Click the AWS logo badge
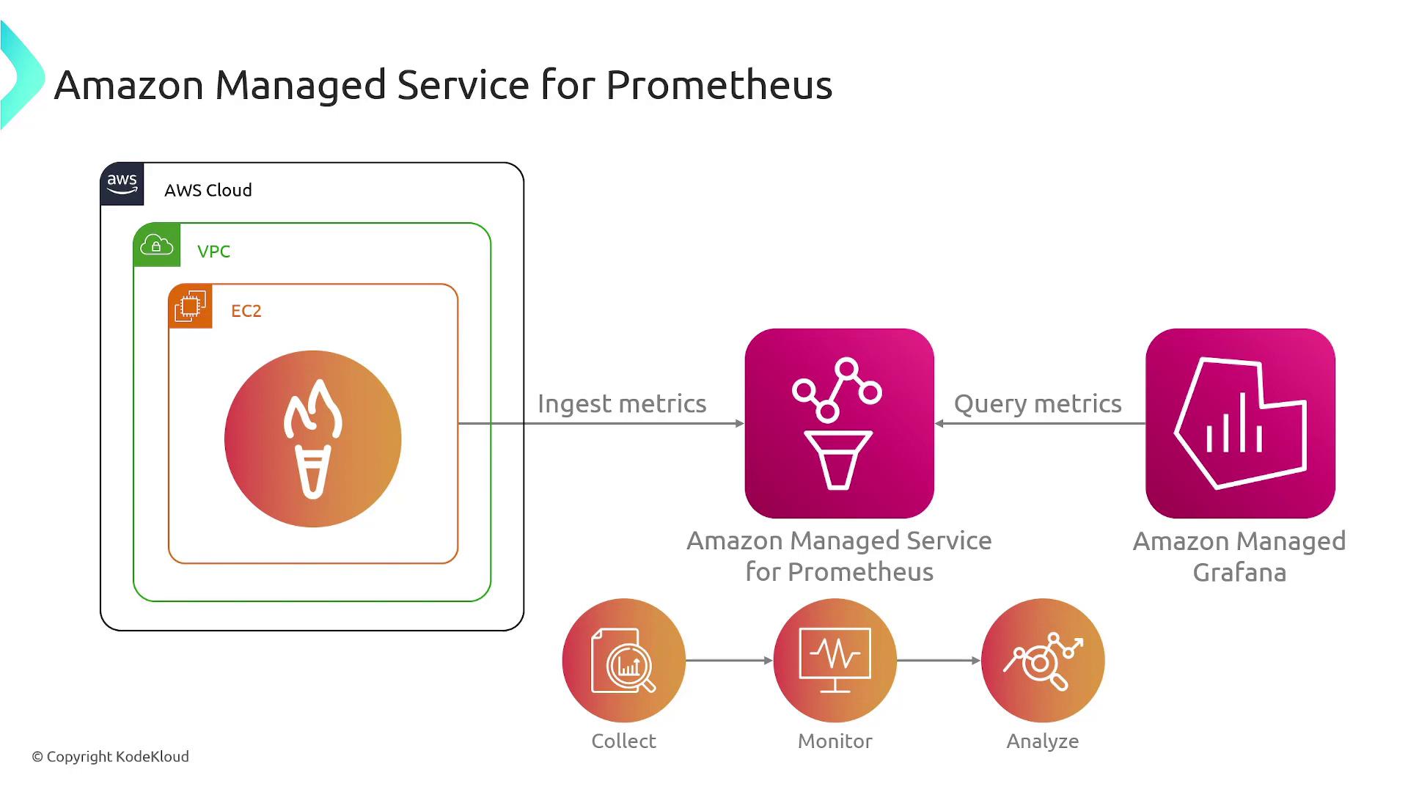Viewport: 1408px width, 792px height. tap(122, 183)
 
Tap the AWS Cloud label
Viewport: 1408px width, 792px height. tap(208, 190)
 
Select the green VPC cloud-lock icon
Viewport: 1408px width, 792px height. tap(157, 245)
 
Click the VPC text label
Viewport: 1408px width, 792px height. tap(213, 252)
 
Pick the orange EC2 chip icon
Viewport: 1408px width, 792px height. tap(191, 306)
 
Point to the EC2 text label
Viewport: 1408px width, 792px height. tap(246, 311)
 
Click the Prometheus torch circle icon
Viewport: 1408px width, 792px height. tap(313, 439)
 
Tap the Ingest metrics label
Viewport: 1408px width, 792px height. tap(622, 404)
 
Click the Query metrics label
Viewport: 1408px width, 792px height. tap(1038, 404)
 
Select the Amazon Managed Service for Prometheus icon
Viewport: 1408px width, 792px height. tap(840, 423)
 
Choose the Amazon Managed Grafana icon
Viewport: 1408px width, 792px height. tap(1240, 423)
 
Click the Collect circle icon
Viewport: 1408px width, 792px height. tap(624, 660)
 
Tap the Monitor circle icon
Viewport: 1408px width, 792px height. tap(835, 660)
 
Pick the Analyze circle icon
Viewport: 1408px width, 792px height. tap(1043, 660)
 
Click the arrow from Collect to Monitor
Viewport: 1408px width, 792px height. tap(730, 661)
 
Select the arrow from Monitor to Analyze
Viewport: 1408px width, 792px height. tap(939, 661)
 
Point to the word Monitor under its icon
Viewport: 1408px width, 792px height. tap(835, 741)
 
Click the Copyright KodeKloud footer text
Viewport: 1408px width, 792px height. tap(110, 757)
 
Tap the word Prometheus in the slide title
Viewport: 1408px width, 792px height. tap(719, 85)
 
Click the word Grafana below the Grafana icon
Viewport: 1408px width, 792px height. tap(1239, 573)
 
